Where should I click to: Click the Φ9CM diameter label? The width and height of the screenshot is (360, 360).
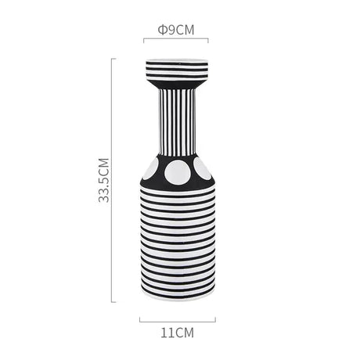coord(176,30)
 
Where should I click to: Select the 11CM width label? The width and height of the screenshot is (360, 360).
coord(177,333)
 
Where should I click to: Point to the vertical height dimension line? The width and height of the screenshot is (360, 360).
coord(113,180)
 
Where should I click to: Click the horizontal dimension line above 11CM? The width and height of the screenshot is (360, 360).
coord(177,320)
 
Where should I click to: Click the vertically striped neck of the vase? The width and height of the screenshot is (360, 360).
coord(177,121)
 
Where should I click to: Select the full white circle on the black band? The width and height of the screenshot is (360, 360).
coord(178,172)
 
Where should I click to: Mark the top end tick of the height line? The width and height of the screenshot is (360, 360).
coord(113,59)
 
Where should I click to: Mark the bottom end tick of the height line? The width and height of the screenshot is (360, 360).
coord(113,301)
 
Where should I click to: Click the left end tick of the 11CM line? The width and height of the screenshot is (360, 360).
coord(139,320)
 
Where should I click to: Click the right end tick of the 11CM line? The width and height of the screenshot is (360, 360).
coord(215,320)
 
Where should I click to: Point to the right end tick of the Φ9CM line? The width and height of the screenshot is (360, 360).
coord(208,40)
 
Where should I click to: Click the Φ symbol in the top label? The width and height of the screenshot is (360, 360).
coord(162,30)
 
